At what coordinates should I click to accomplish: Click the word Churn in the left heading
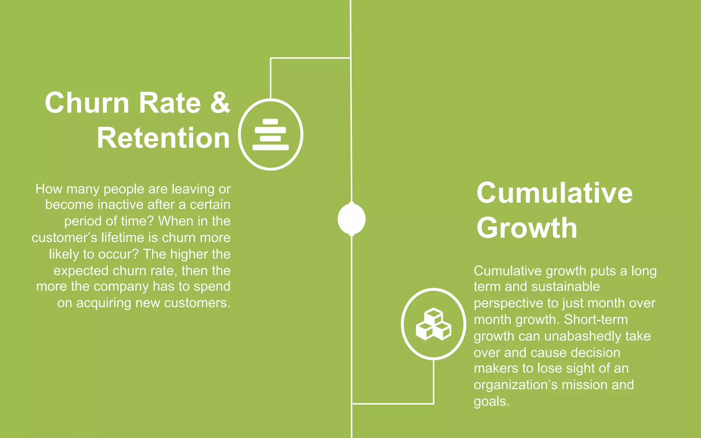point(87,103)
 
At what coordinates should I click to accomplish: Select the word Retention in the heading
point(163,138)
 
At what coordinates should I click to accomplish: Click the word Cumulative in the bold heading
point(555,193)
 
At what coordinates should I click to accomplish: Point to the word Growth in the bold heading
point(527,228)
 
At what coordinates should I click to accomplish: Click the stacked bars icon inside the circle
point(270,134)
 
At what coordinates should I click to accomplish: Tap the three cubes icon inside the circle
point(433,324)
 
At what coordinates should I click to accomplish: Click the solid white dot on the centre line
point(352,219)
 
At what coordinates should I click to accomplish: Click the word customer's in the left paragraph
point(64,237)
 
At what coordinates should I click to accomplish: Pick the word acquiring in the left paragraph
point(103,303)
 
